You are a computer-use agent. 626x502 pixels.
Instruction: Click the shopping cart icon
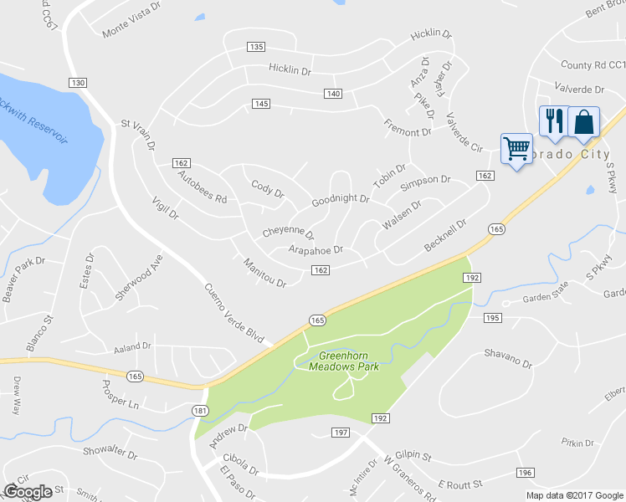[516, 149]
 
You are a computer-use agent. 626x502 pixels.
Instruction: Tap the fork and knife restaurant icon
[552, 121]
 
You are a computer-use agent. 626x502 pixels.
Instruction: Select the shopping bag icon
[583, 121]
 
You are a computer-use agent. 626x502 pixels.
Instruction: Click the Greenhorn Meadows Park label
[343, 361]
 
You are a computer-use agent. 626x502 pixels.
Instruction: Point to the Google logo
[28, 492]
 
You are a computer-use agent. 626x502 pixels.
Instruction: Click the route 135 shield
[256, 47]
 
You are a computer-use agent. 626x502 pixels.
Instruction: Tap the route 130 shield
[78, 83]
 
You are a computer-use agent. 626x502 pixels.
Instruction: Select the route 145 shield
[261, 103]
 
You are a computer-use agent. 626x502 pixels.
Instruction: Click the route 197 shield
[340, 432]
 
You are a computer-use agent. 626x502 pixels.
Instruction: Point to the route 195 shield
[492, 317]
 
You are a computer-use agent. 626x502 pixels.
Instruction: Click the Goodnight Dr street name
[341, 200]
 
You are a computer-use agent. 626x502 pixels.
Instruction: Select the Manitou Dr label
[264, 273]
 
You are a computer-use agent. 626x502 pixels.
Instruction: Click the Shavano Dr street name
[508, 358]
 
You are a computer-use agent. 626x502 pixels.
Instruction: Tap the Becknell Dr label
[444, 235]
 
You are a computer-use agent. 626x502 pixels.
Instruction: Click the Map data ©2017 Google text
[574, 494]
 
